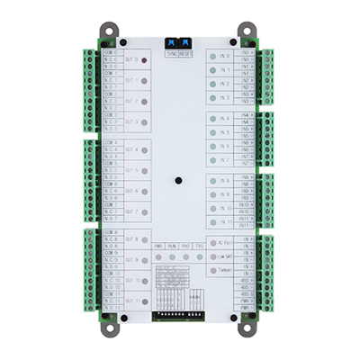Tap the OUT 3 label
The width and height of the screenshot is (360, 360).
point(131,121)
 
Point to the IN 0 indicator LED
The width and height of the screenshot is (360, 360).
point(213,55)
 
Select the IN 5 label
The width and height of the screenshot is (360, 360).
point(225,131)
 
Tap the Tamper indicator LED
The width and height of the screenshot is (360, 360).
point(212,270)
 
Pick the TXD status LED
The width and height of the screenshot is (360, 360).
point(198,257)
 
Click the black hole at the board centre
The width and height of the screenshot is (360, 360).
point(180,181)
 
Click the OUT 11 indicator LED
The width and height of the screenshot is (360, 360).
point(146,302)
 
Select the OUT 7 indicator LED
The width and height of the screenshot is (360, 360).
point(146,212)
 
